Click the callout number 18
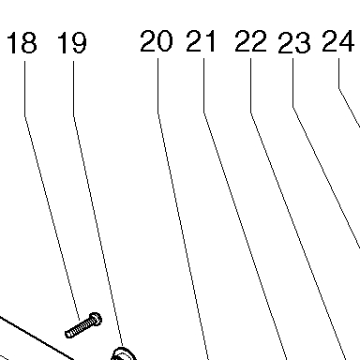[22, 43]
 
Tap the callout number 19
[72, 43]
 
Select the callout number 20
[157, 41]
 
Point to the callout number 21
[201, 41]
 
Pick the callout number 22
[251, 41]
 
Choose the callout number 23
[294, 43]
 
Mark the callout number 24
[338, 41]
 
